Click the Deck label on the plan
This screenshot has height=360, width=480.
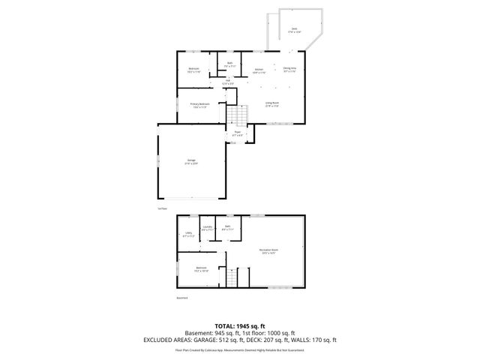294,30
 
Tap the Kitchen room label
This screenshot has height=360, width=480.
259,70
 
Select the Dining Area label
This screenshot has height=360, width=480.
289,69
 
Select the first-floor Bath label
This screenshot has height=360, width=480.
230,65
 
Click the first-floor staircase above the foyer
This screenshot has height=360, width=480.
238,115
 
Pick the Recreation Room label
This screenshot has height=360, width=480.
268,251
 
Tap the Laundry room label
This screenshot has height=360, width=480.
208,228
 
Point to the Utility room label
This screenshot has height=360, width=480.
188,234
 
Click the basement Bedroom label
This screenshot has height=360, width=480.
201,268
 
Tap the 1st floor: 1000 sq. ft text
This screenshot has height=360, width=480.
265,332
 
